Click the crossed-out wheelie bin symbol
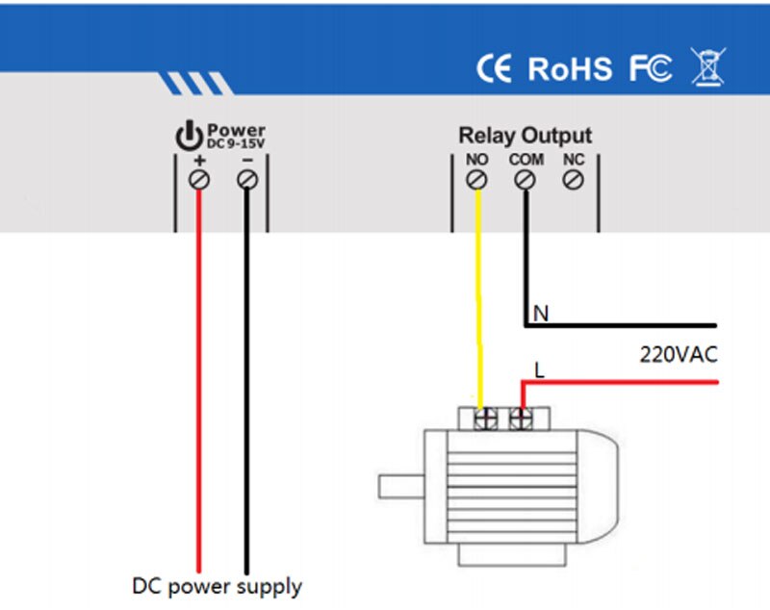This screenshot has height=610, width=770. click(708, 66)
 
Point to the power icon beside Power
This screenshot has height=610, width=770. click(189, 136)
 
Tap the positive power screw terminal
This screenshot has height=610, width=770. click(199, 179)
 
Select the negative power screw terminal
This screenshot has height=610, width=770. click(247, 179)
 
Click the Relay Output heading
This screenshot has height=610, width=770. click(525, 136)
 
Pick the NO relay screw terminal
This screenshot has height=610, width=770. click(476, 179)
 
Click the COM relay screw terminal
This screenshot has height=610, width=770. click(526, 179)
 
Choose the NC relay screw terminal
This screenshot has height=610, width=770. click(574, 179)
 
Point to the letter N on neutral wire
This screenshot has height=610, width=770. click(540, 314)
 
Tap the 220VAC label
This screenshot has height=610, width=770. click(679, 354)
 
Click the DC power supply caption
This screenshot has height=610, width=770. click(217, 585)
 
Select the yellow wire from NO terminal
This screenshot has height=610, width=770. click(477, 298)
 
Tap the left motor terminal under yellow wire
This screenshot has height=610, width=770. click(488, 419)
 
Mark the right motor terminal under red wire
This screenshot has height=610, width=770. click(521, 419)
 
